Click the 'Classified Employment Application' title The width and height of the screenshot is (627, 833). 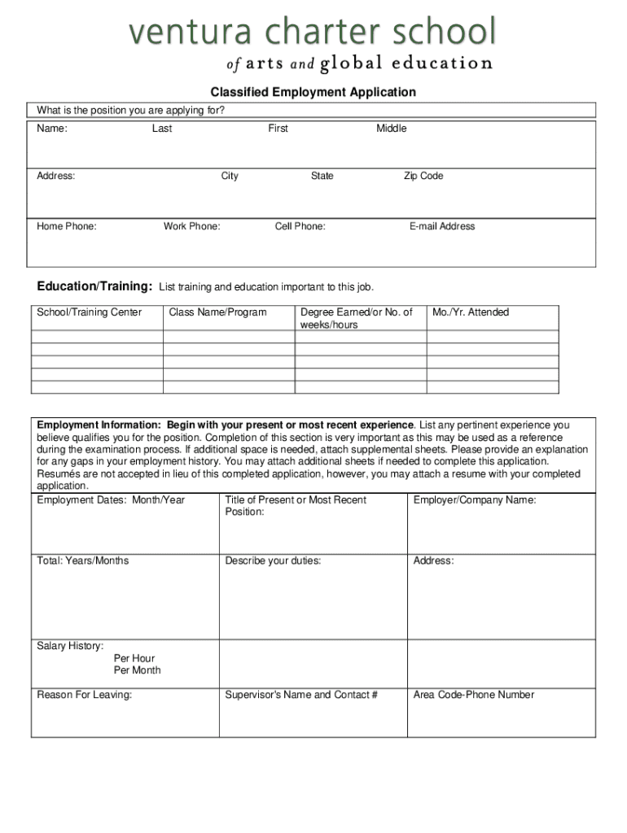313,93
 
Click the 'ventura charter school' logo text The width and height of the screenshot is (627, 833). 311,34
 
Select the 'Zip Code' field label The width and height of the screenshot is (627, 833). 423,176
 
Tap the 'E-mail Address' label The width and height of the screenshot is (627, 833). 442,226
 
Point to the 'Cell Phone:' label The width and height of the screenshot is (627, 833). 300,226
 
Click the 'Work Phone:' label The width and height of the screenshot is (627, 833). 191,226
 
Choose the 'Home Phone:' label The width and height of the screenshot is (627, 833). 67,226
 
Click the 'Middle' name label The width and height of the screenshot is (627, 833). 391,129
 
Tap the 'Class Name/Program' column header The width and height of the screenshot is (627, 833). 217,312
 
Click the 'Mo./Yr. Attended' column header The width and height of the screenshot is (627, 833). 471,312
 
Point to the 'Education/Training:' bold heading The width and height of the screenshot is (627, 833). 94,286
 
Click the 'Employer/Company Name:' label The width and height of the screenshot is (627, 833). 475,500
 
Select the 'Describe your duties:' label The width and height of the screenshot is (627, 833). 273,560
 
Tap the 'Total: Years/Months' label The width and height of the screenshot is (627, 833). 83,560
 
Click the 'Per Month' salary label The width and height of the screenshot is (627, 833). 138,670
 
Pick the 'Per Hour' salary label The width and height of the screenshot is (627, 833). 134,658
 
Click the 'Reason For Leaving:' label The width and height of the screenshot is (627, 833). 85,695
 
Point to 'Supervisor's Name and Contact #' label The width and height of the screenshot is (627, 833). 301,695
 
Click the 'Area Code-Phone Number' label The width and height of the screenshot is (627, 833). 474,695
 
